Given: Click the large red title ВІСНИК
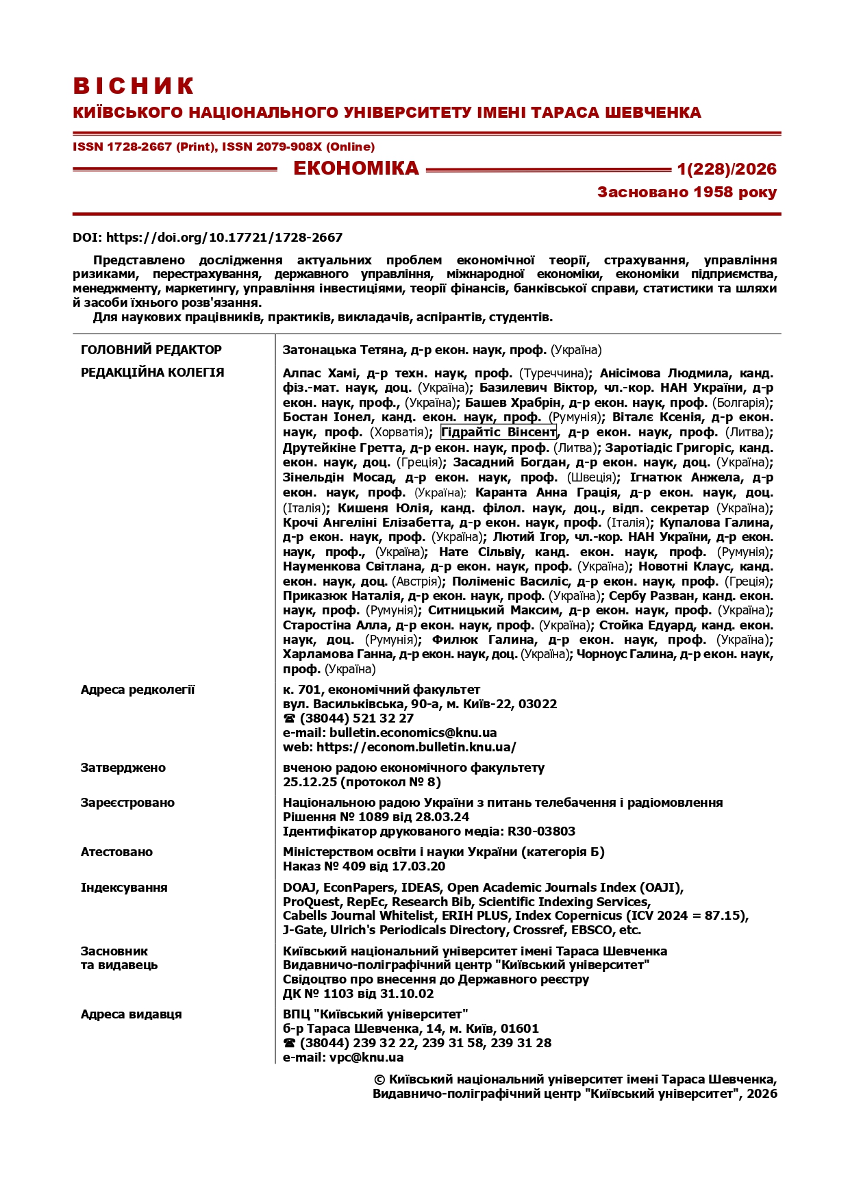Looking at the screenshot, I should (x=134, y=86).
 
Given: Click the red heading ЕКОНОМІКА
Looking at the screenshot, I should (x=355, y=168).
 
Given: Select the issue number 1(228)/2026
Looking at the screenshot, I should (x=727, y=169).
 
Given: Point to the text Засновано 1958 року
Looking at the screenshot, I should (x=687, y=192).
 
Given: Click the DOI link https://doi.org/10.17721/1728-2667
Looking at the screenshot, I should (x=224, y=238).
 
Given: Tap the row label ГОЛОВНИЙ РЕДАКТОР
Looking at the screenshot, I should (x=151, y=350).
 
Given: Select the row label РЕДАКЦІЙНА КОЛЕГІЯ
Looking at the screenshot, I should (x=153, y=373).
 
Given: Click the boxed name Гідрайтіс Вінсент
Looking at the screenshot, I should (x=499, y=432).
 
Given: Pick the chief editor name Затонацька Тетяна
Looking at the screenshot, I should (x=345, y=350).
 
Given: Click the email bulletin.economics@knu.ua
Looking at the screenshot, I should (x=413, y=733).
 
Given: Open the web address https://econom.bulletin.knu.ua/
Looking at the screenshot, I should (x=416, y=747).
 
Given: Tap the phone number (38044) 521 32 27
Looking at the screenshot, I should (x=356, y=718).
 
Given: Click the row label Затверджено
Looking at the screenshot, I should (x=123, y=768).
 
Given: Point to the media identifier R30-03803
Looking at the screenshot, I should (x=541, y=831).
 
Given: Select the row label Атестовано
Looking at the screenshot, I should (x=116, y=852).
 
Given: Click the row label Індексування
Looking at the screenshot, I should (x=124, y=888).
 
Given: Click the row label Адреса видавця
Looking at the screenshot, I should (x=132, y=1014).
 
